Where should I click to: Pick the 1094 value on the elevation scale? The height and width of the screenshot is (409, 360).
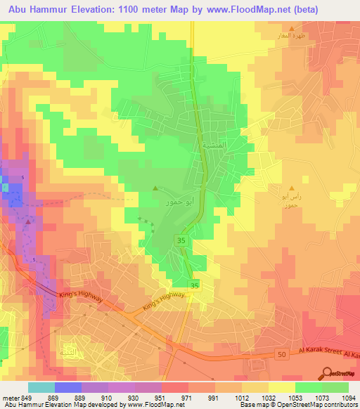click(x=349, y=397)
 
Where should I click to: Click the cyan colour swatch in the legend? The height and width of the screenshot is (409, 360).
click(x=41, y=387)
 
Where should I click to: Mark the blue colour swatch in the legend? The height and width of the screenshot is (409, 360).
click(x=67, y=387)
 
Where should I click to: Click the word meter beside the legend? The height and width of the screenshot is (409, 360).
click(x=9, y=397)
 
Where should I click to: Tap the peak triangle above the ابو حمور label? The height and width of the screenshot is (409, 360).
click(x=156, y=188)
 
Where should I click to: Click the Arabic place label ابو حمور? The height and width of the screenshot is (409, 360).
click(x=166, y=201)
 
